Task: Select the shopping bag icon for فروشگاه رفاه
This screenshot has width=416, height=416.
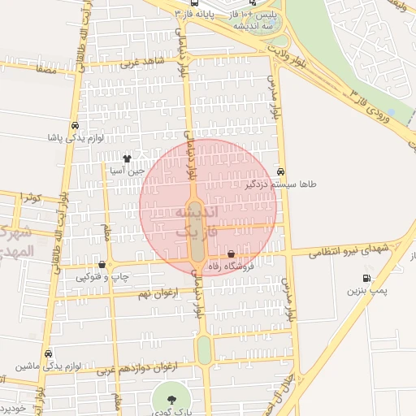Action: point(232,254)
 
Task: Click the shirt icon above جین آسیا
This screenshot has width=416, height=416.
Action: point(126,159)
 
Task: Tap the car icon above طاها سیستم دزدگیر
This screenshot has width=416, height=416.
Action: point(280,172)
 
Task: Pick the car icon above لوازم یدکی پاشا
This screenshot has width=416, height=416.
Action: point(75,126)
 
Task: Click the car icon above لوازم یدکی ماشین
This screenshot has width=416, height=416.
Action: point(50,354)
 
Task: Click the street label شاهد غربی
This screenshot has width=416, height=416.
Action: point(143,62)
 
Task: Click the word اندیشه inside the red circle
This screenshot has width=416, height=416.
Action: point(197,213)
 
